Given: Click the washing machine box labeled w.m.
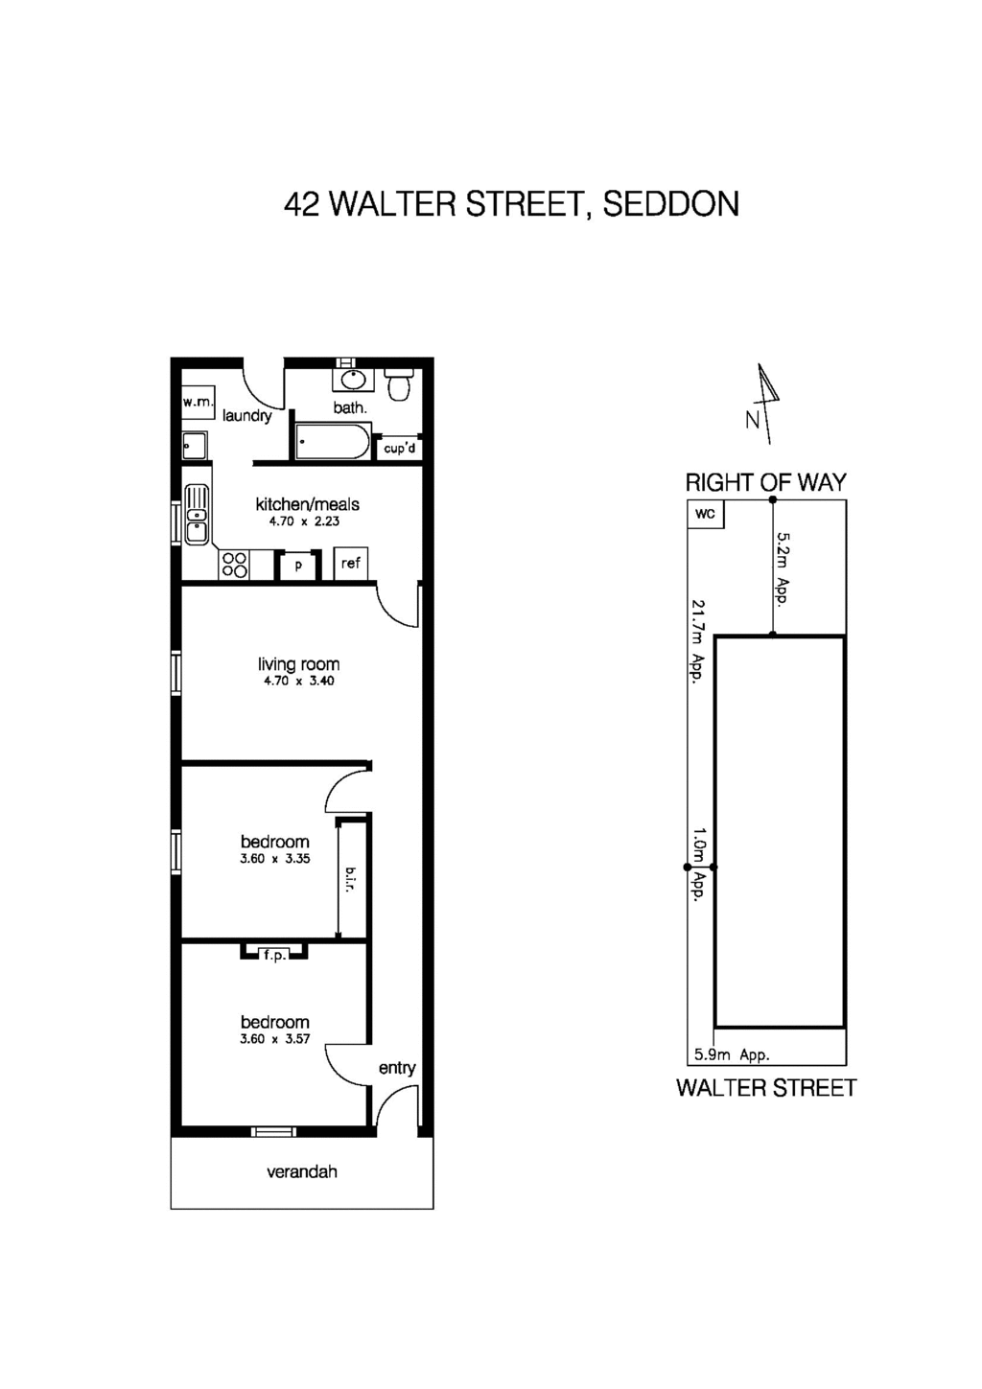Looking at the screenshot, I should (199, 403).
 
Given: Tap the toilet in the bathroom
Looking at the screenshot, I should (399, 384).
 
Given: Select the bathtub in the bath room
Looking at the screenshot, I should (332, 442).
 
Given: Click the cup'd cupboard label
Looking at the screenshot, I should (400, 448).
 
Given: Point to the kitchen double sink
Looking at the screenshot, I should (197, 515).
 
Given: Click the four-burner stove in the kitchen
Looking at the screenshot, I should (234, 565).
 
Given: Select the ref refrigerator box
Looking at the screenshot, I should (350, 564).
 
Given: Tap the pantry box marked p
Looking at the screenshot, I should (298, 566).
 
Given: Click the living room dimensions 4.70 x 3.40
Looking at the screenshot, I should (299, 681).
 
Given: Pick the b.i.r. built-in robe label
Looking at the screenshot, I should (351, 878).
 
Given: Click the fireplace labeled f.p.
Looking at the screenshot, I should (274, 954).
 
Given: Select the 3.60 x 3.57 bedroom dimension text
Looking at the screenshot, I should (275, 1038).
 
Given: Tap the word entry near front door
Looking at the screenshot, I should (397, 1068).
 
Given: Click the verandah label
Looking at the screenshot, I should (302, 1171).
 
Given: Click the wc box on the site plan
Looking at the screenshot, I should (706, 514).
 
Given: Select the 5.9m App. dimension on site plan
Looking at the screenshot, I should (732, 1054).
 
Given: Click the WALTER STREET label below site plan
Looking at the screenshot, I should (766, 1088).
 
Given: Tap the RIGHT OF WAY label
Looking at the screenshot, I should (766, 482).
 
